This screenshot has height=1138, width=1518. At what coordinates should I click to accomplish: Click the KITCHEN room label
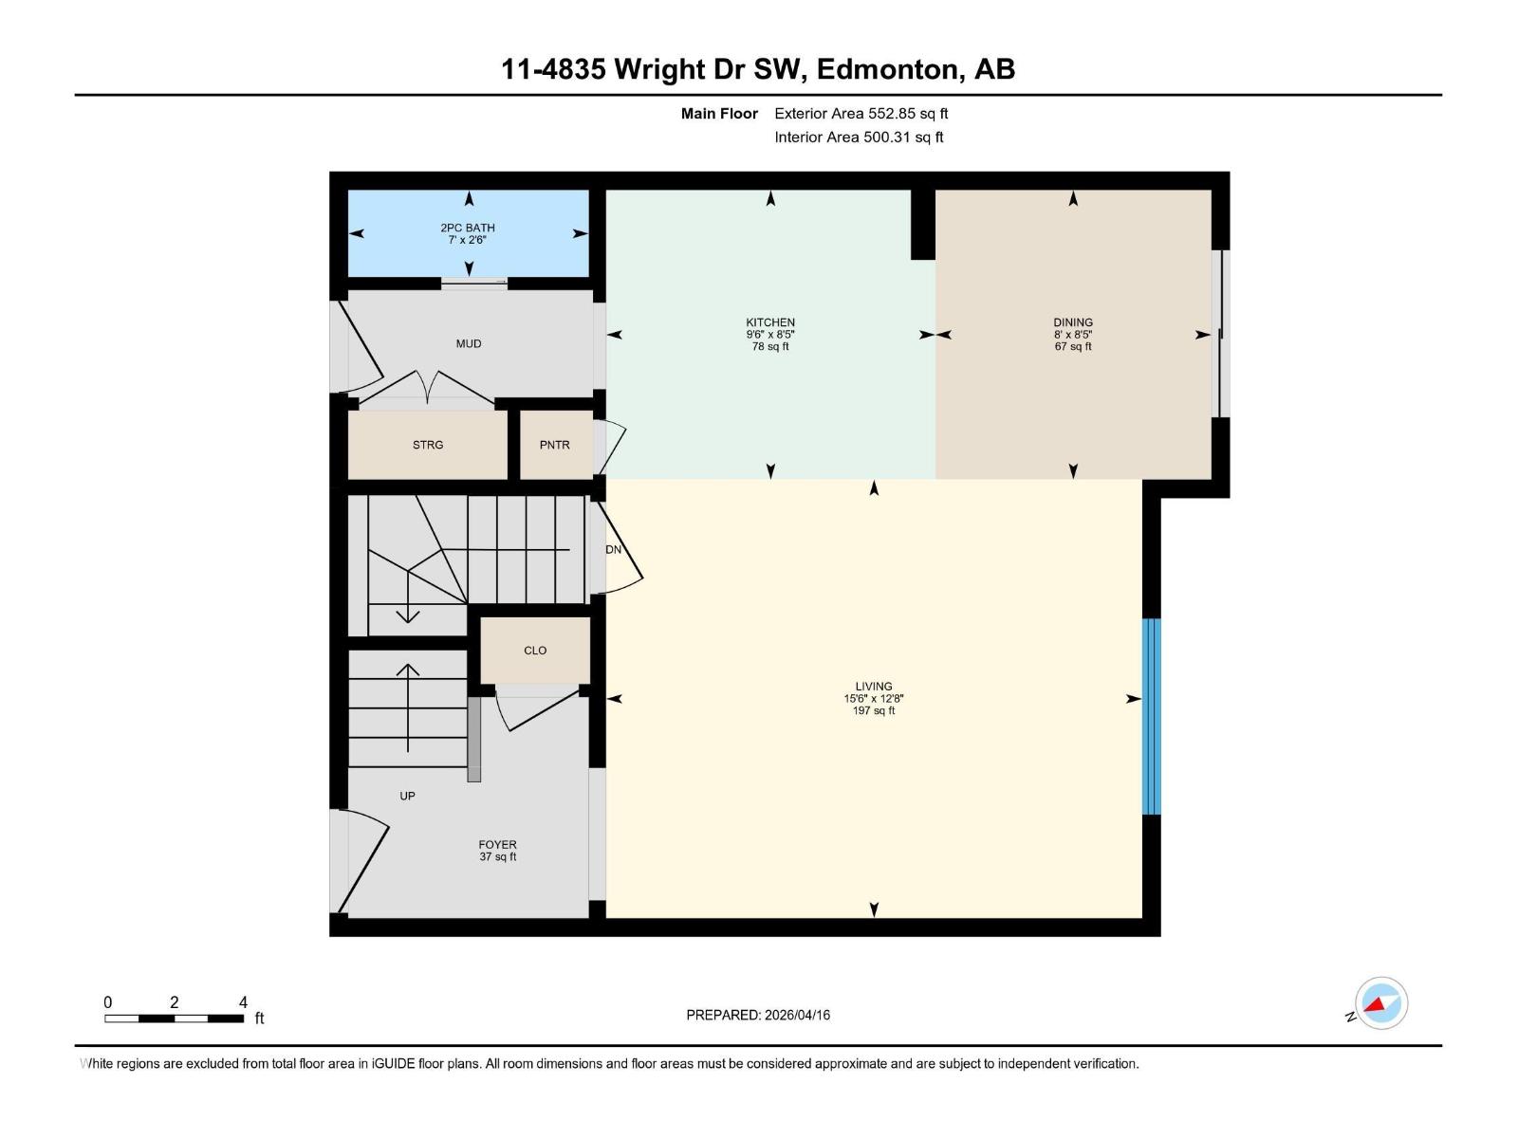(769, 323)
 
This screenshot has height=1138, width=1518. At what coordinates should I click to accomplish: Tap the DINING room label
(1072, 323)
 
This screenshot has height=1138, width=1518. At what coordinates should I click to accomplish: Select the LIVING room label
(873, 687)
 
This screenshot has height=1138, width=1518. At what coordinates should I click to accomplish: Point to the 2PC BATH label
(467, 229)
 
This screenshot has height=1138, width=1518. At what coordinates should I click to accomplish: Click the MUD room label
(469, 344)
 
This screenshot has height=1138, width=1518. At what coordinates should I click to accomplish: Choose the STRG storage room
(428, 445)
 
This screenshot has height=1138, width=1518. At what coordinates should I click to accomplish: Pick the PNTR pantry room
(555, 445)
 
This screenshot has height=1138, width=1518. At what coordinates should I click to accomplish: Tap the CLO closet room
(535, 651)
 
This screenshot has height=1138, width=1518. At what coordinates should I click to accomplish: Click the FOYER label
(497, 845)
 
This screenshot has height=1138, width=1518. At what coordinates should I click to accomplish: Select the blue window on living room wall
(1151, 716)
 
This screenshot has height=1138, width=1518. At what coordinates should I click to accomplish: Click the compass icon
(1380, 1003)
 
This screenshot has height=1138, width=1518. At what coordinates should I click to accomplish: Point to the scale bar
(174, 1019)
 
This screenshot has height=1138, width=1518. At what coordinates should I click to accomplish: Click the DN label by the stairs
(613, 550)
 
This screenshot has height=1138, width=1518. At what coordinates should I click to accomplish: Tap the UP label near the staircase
(407, 797)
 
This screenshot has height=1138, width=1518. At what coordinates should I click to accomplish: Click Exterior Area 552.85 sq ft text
(861, 114)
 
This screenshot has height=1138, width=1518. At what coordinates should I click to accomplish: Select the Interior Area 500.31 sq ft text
(859, 138)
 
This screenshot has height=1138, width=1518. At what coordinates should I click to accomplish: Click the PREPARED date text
(758, 1015)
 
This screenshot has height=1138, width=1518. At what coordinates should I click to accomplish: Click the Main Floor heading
(719, 114)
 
